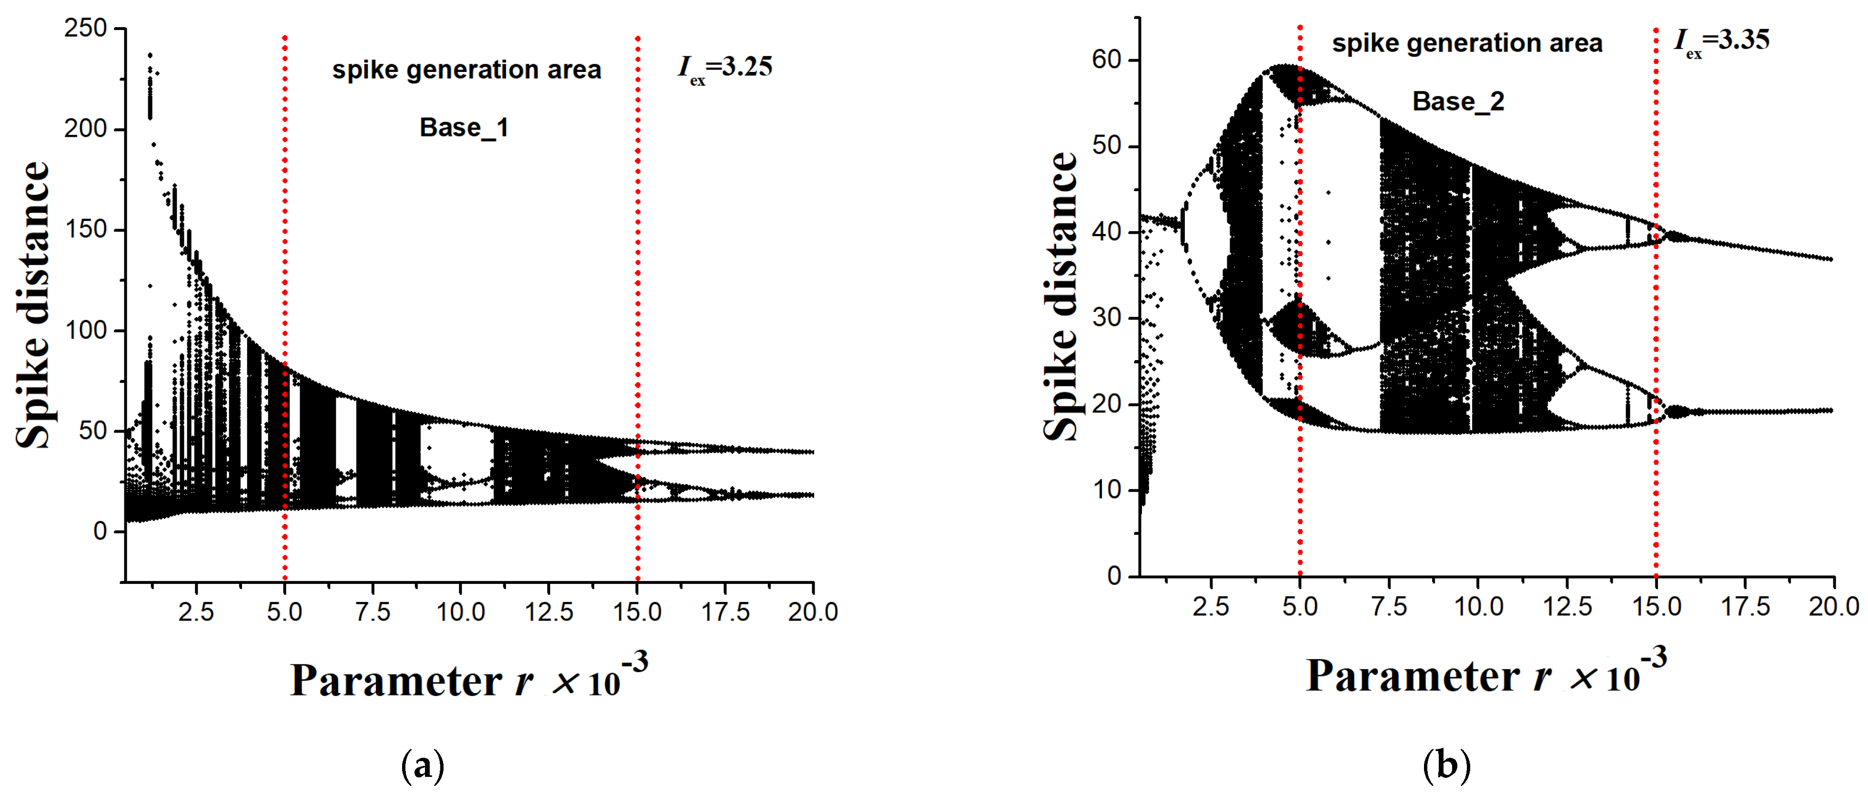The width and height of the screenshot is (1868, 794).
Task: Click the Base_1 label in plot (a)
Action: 464,128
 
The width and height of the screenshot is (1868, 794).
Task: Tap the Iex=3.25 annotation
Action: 725,69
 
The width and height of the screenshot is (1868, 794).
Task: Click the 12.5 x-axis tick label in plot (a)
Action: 549,612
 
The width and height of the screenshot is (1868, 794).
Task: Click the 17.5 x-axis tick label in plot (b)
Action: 1745,606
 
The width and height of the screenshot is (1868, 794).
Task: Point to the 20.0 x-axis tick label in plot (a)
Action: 813,612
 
